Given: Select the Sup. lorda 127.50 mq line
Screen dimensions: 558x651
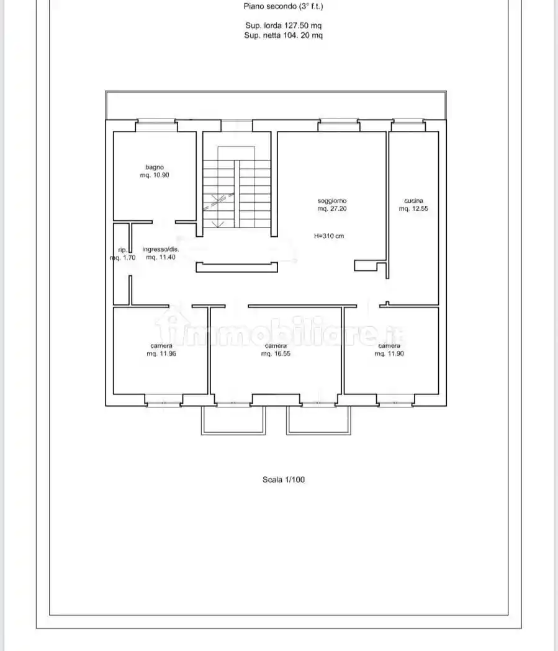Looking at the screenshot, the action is click(x=284, y=25).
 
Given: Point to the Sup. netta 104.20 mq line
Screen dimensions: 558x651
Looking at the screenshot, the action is click(x=284, y=35).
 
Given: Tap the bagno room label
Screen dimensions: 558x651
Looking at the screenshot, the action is click(x=155, y=167).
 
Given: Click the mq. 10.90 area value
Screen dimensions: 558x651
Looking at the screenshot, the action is click(x=155, y=175).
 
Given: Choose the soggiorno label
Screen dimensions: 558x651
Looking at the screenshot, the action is click(x=332, y=201).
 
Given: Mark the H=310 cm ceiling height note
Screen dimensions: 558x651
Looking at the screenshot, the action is click(x=329, y=236).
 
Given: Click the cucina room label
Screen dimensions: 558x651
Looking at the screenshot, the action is click(x=414, y=200).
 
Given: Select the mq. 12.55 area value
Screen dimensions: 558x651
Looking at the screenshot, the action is click(x=413, y=208).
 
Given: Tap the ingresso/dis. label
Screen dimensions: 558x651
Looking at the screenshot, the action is click(x=161, y=249).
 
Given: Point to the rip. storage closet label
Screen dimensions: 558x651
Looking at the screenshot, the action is click(x=122, y=250).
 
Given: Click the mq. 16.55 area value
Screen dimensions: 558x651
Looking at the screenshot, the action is click(x=276, y=354).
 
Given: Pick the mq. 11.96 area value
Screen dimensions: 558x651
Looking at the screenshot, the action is click(x=161, y=354).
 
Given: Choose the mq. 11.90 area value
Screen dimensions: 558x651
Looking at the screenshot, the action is click(x=389, y=354).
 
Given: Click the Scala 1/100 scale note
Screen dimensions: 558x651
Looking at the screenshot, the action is click(x=284, y=479).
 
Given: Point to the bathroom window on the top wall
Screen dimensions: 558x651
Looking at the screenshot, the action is click(x=156, y=122).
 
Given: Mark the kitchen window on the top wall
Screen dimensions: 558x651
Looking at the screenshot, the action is click(x=408, y=122).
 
